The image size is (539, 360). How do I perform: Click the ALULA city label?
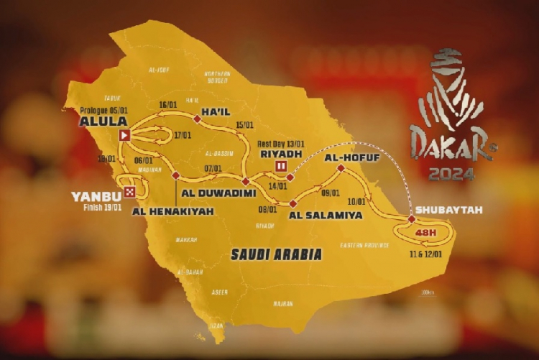tap(98, 121)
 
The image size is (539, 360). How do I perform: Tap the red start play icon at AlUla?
tap(124, 134)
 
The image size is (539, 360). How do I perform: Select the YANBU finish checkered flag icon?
tap(129, 191)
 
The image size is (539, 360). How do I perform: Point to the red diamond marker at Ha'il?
tap(196, 119)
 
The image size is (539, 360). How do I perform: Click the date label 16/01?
tap(167, 105)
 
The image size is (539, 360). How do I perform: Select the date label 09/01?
tap(331, 193)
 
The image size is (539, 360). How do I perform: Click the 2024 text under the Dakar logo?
tap(450, 174)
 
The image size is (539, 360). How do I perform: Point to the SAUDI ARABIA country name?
tap(276, 254)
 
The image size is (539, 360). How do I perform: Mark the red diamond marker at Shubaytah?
tap(411, 219)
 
